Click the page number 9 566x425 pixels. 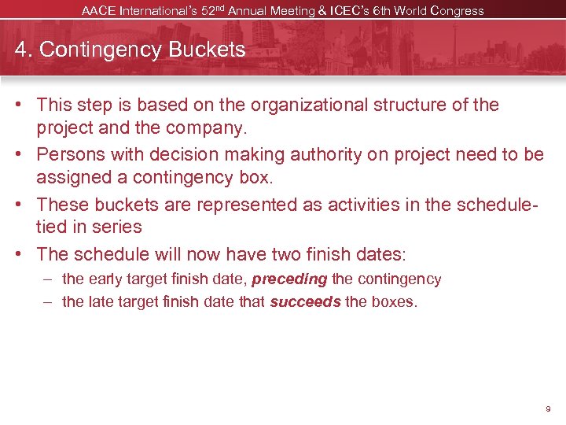coord(548,409)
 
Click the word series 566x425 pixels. coord(116,227)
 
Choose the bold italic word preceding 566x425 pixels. coord(289,279)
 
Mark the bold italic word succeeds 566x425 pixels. coord(305,301)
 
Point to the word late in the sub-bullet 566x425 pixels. coord(98,301)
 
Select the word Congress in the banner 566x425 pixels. coord(457,11)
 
